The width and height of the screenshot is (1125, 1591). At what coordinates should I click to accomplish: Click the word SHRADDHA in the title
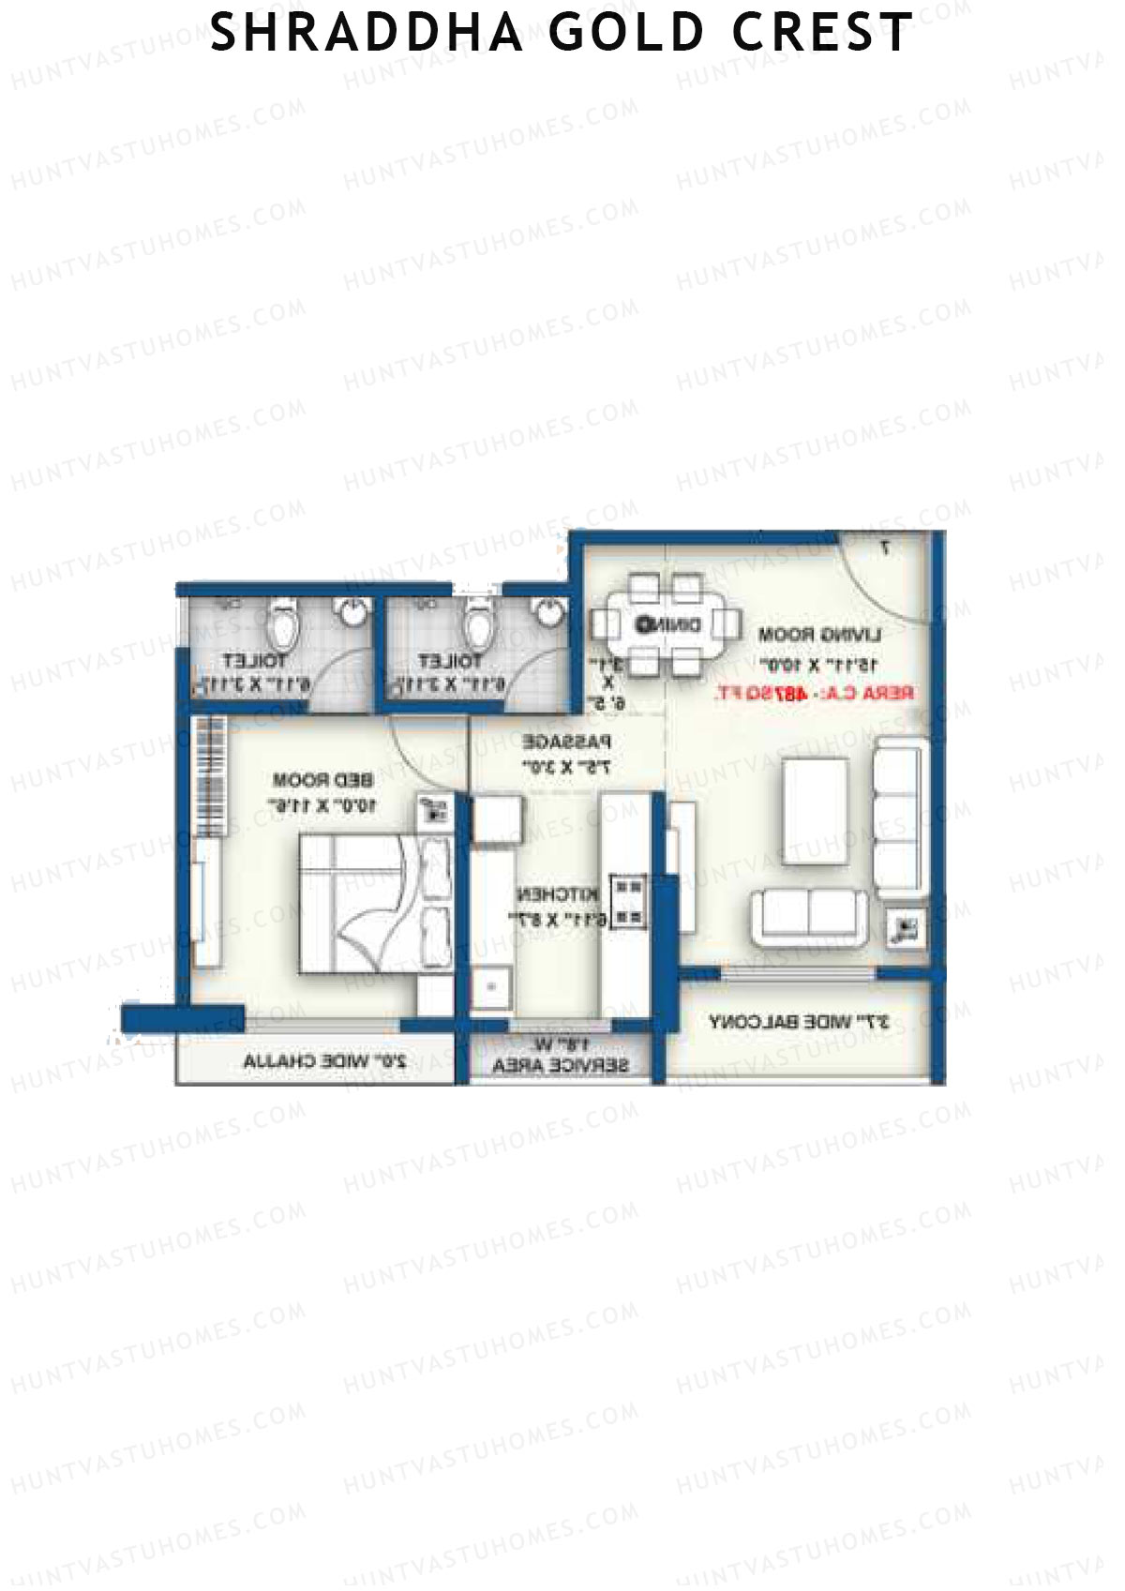click(367, 33)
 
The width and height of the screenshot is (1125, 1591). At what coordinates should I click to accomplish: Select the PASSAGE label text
click(566, 742)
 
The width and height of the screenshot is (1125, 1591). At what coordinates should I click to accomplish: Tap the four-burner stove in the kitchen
click(628, 901)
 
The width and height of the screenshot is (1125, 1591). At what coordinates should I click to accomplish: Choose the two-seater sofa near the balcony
click(808, 916)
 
